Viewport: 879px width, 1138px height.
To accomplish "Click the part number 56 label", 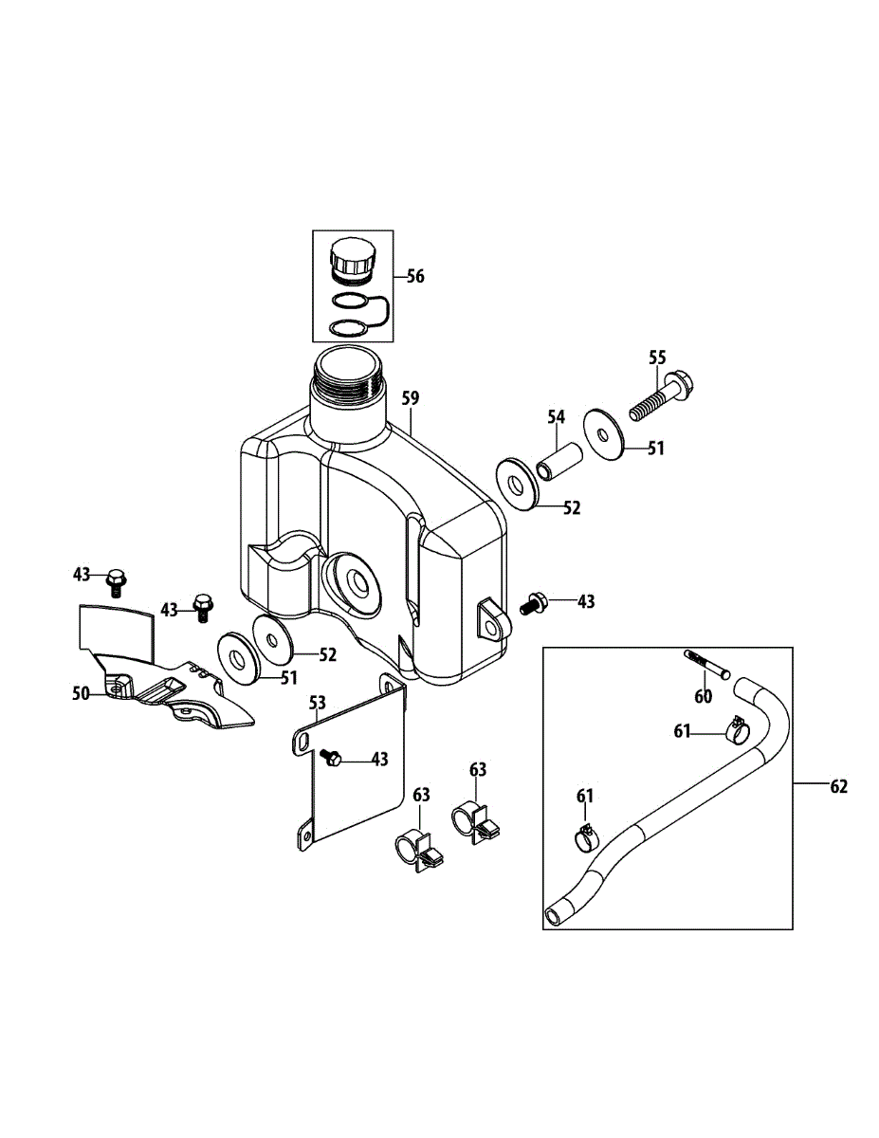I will click(x=415, y=276).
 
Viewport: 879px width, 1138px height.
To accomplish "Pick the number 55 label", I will click(x=657, y=358).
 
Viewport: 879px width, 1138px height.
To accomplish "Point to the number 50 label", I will click(x=82, y=694).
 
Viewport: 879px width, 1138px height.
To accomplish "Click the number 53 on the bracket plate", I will click(x=318, y=703).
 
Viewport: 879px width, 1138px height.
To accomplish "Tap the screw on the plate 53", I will click(x=331, y=758).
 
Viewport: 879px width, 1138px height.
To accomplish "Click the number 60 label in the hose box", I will click(x=703, y=697).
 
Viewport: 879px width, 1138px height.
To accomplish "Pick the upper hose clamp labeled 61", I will click(x=737, y=730).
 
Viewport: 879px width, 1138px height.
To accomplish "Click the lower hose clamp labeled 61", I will click(x=588, y=836).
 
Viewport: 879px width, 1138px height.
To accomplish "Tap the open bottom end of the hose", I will click(x=553, y=916).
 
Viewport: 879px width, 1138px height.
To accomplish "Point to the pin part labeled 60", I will click(x=705, y=664).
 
